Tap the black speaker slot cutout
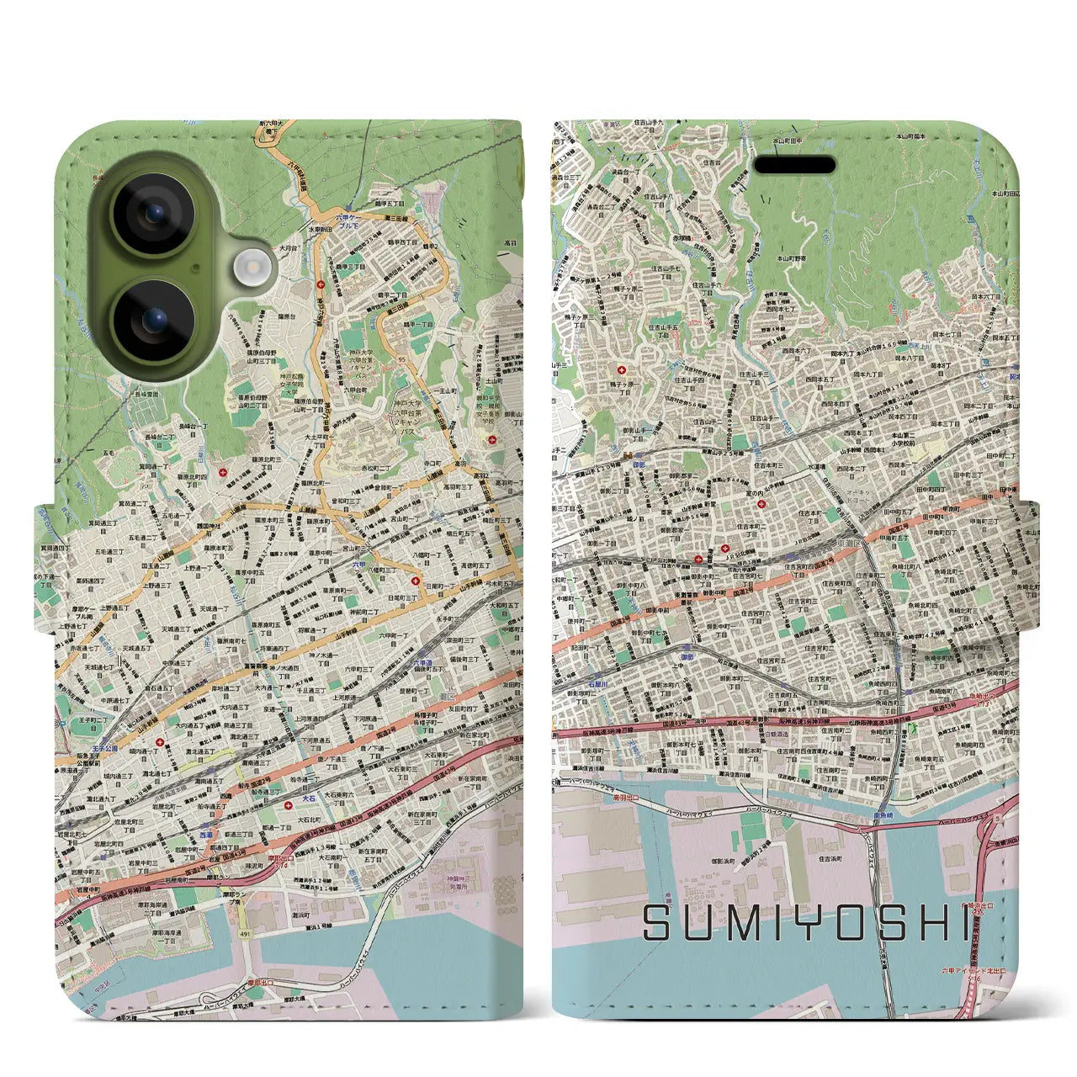[x=793, y=164]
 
